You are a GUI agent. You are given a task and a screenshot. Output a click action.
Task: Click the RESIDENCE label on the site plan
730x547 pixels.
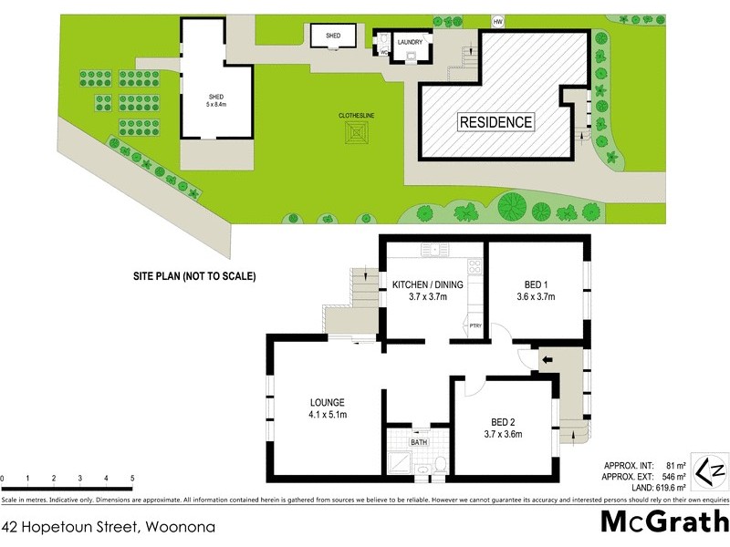pos(495,121)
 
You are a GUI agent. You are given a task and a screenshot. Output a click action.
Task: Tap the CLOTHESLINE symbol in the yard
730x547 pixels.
pos(356,135)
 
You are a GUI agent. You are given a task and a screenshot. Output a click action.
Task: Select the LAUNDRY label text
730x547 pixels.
pos(409,41)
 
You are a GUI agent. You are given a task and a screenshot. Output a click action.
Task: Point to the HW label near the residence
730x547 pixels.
pos(497,21)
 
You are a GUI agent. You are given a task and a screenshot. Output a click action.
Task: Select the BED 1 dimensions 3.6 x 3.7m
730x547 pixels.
pos(536,296)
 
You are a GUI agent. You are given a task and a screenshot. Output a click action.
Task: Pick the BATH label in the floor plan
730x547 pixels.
pos(419,442)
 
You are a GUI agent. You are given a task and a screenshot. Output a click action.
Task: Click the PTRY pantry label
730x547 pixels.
pos(474,325)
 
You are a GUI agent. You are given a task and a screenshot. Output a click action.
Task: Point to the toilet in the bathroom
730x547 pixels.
pos(439,465)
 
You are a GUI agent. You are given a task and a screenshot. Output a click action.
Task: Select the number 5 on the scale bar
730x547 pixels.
pos(132,479)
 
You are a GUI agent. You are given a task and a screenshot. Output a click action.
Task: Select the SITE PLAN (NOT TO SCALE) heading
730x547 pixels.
pos(193,275)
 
